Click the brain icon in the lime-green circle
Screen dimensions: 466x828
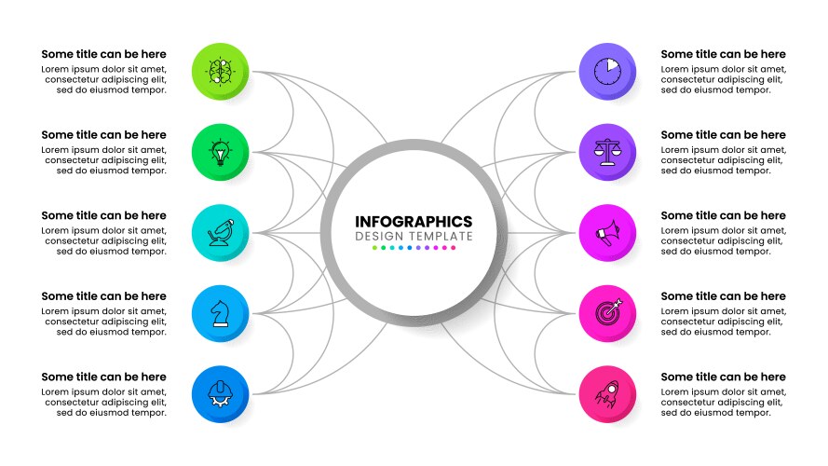[221, 71]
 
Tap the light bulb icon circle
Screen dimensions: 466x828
[221, 151]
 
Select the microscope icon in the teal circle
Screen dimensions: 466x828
[221, 231]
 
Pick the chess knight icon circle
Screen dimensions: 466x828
[221, 312]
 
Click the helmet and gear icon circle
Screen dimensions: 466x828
[221, 392]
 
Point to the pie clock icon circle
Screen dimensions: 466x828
[606, 71]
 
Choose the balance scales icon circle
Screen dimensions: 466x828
[606, 151]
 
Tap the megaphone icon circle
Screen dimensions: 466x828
[606, 231]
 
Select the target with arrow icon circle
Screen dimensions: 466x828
[606, 312]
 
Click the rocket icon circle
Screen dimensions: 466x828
[606, 392]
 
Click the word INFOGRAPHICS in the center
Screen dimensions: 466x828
[414, 222]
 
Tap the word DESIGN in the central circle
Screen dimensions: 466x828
[378, 237]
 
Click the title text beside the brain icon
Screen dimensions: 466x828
[104, 55]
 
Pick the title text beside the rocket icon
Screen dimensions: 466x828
[723, 377]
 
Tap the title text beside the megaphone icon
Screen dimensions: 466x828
[723, 216]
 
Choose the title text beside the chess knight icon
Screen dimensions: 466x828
[104, 296]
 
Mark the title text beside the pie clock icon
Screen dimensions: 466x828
[723, 55]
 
